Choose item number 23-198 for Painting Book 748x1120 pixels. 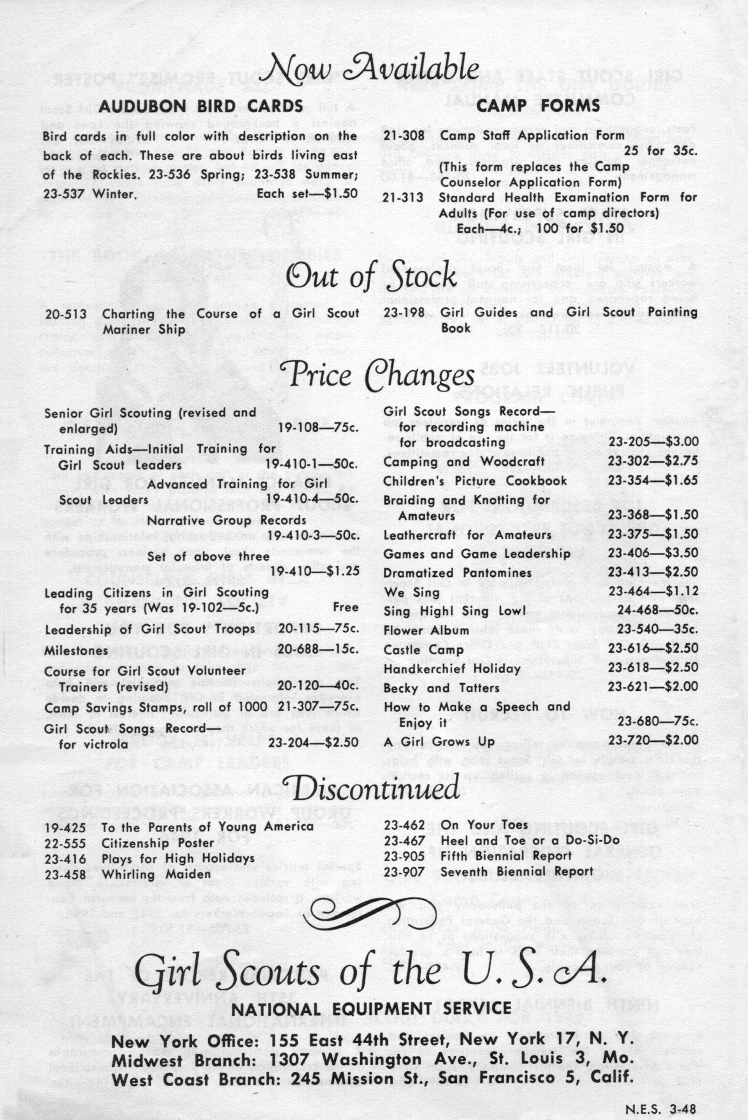click(404, 313)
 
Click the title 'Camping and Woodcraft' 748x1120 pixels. click(464, 462)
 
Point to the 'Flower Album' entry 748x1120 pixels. click(426, 630)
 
